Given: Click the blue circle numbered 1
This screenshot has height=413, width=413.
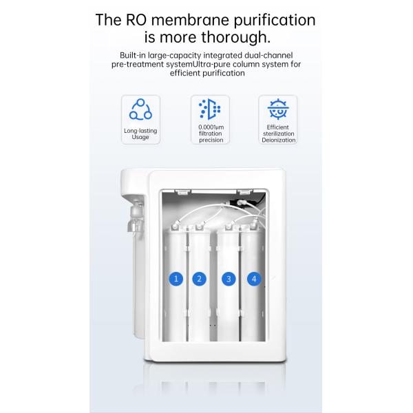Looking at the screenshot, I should (176, 279).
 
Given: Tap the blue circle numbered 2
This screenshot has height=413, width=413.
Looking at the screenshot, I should (200, 279).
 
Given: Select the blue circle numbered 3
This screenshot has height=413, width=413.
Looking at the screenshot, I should (229, 279).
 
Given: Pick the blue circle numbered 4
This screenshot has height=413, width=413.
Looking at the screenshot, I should (254, 279).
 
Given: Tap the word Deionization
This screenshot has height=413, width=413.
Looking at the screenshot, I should (278, 140).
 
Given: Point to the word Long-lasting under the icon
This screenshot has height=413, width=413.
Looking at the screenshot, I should (140, 130).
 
